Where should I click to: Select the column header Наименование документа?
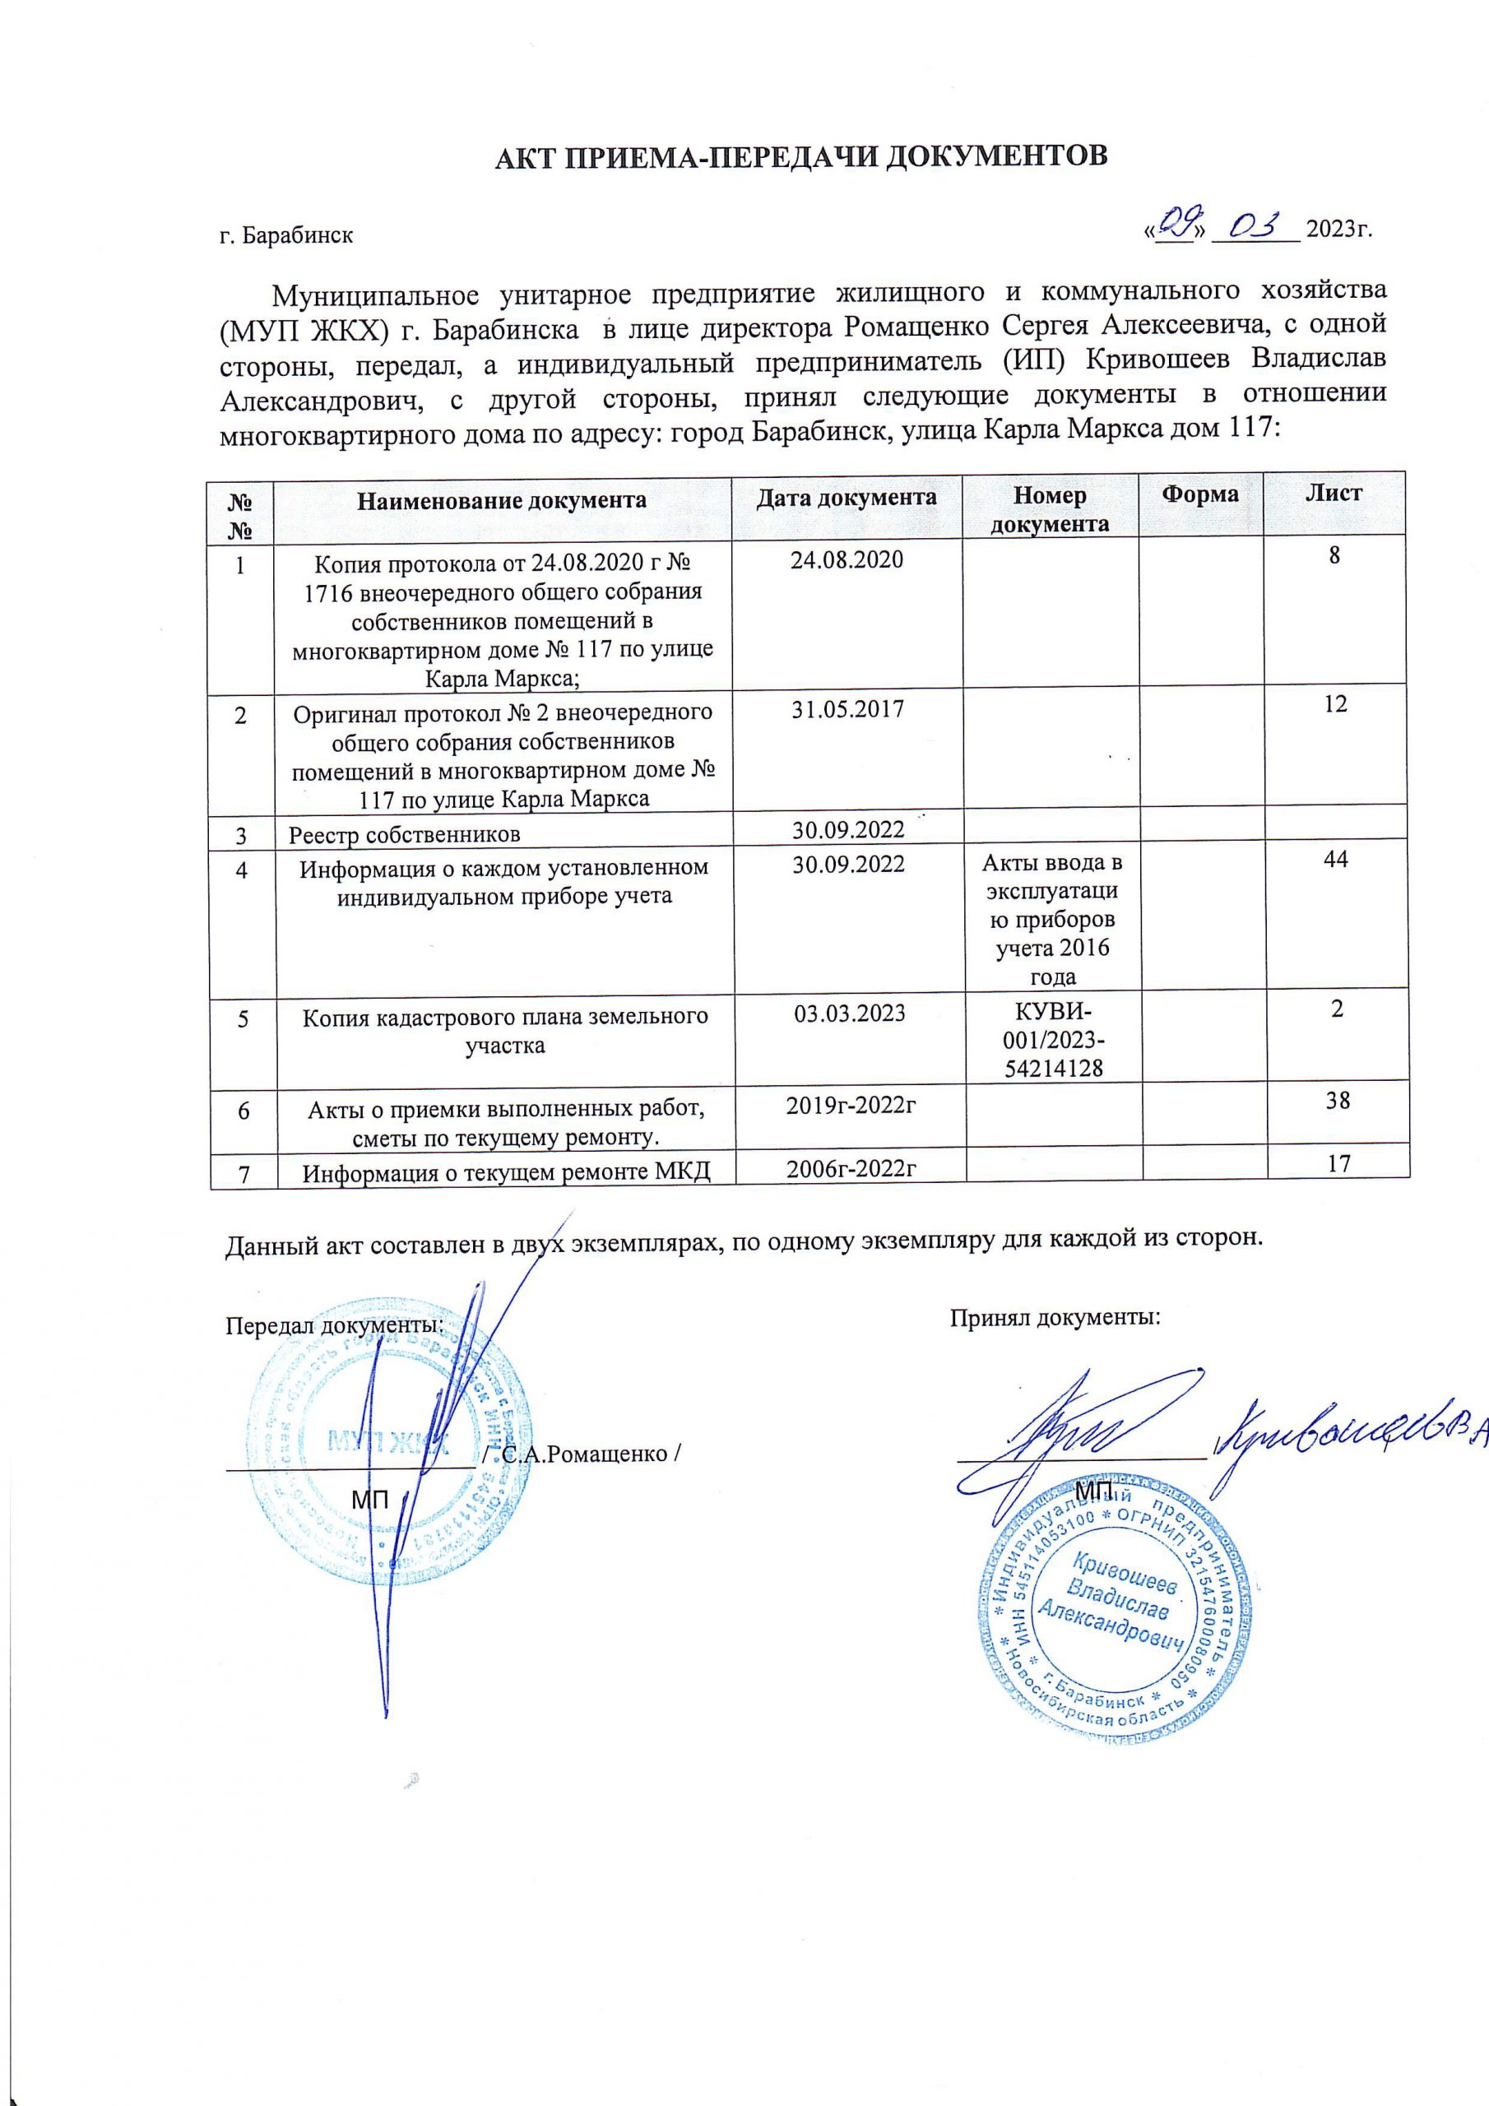[x=502, y=501]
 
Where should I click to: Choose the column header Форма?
[x=1199, y=494]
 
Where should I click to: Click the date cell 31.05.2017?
[x=847, y=708]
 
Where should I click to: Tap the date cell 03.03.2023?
[x=847, y=1014]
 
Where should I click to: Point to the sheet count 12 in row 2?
[x=1336, y=703]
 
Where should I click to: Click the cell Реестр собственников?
[x=405, y=834]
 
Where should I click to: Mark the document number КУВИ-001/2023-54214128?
[x=1052, y=1040]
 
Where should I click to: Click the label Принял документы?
[x=1054, y=1319]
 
